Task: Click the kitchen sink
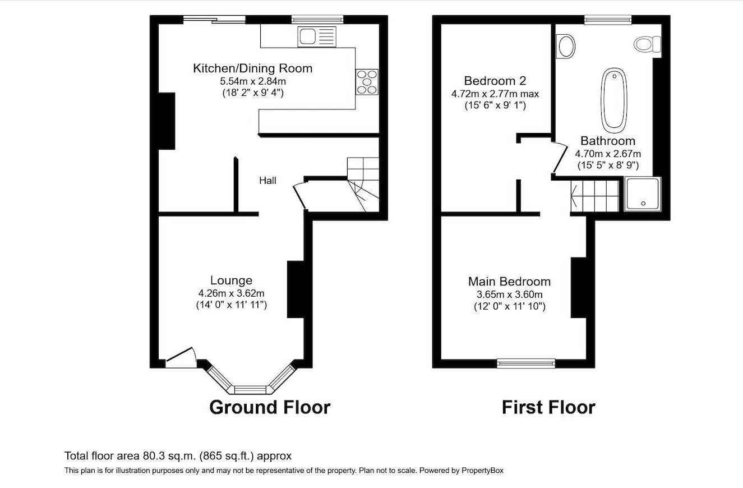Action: [317, 37]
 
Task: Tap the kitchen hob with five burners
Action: [367, 81]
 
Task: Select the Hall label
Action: [267, 181]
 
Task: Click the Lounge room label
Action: [231, 280]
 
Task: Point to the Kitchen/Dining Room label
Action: [253, 68]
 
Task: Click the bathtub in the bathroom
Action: [614, 100]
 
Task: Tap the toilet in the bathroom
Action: [647, 44]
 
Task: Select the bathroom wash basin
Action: [566, 47]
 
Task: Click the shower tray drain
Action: [643, 204]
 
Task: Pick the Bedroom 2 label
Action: [495, 81]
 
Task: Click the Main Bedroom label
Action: [510, 282]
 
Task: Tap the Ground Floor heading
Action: [270, 407]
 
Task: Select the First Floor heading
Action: [548, 407]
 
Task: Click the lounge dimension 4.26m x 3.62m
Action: [231, 293]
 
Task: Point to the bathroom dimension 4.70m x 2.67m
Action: [608, 154]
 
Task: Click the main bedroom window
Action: [526, 363]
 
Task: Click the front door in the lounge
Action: [181, 357]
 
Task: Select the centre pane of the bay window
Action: [250, 389]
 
